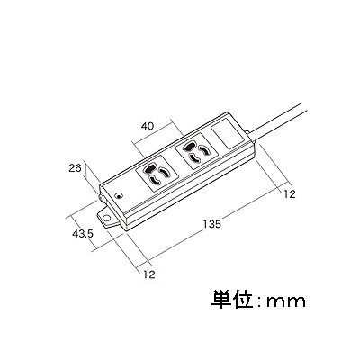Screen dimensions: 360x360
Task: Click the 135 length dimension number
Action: (211, 224)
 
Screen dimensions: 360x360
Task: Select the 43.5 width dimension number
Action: (83, 234)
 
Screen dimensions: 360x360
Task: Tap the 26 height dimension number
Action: (75, 168)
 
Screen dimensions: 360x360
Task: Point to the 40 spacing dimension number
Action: (148, 126)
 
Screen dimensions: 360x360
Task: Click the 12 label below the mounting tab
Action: (149, 274)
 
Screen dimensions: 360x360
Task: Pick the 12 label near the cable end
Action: (290, 194)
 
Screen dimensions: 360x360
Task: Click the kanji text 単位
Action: (230, 300)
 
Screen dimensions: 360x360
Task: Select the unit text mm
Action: (286, 301)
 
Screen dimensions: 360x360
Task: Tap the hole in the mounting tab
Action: (105, 218)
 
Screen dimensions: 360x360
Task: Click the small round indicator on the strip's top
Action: (119, 197)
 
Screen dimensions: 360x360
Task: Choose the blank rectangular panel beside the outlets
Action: (228, 134)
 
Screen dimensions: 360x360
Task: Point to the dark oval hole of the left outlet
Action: (149, 169)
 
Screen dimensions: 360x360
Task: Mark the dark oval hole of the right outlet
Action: (189, 147)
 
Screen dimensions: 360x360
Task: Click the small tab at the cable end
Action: (247, 132)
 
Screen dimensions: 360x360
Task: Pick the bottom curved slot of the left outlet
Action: (155, 181)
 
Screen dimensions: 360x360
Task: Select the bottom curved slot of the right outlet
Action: (195, 157)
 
